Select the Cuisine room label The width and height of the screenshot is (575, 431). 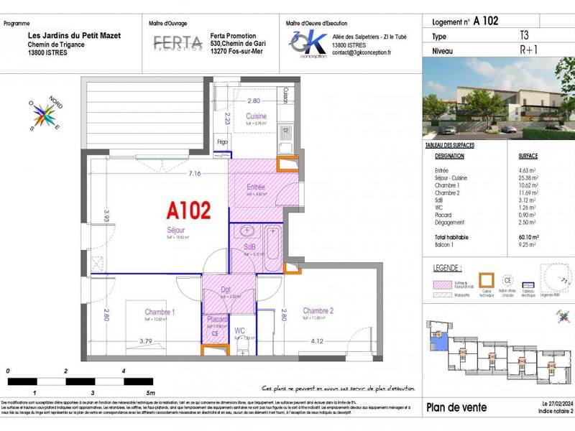click(x=256, y=116)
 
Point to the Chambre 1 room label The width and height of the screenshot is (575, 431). click(x=160, y=312)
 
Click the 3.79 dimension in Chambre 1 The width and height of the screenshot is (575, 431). click(x=146, y=341)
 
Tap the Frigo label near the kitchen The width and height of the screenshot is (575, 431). click(x=223, y=142)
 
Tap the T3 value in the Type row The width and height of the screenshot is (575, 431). click(x=524, y=35)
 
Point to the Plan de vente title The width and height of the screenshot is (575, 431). click(x=456, y=407)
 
